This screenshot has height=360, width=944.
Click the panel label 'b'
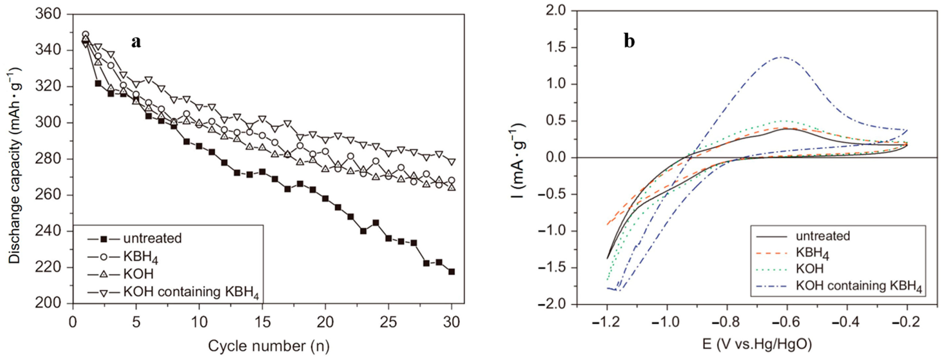(x=629, y=42)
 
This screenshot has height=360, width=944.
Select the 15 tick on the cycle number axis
(x=262, y=322)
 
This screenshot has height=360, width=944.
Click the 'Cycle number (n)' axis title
(x=269, y=346)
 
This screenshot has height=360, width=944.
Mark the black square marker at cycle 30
(x=451, y=272)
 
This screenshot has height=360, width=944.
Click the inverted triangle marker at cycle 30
(x=451, y=162)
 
